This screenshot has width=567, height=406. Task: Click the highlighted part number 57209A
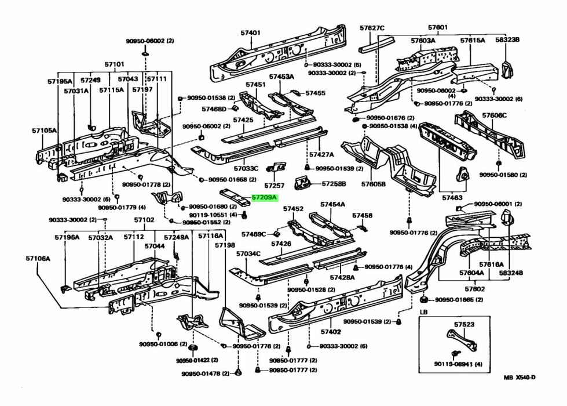click(265, 198)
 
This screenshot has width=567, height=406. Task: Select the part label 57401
click(251, 33)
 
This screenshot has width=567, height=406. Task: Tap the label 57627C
click(372, 27)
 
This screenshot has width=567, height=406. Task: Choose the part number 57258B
click(334, 184)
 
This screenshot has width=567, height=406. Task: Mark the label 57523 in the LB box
click(464, 325)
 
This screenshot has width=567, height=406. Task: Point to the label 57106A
click(38, 259)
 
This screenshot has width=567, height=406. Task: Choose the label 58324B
click(511, 272)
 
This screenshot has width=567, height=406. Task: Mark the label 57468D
click(214, 108)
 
